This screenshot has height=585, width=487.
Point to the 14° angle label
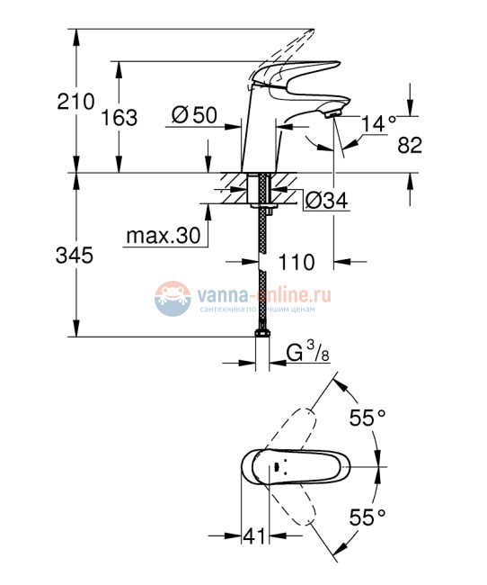pos(380,123)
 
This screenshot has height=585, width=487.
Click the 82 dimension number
pos(409,145)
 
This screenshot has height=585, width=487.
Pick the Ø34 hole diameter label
pos(326,201)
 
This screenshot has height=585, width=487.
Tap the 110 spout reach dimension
pos(297,262)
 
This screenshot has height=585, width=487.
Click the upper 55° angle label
pos(367,418)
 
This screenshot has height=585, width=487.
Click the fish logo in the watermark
pos(170,298)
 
